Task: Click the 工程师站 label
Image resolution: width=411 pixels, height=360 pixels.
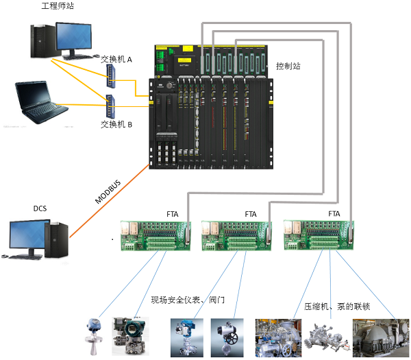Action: click(x=57, y=7)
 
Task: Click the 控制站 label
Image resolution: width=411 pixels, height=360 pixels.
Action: click(x=288, y=66)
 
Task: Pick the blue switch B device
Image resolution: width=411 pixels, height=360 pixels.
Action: click(x=110, y=106)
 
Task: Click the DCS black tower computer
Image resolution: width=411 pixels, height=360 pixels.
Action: click(x=58, y=239)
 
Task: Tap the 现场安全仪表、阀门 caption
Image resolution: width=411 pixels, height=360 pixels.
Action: click(x=188, y=300)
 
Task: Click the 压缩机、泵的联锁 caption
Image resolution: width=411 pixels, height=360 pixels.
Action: click(x=336, y=306)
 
